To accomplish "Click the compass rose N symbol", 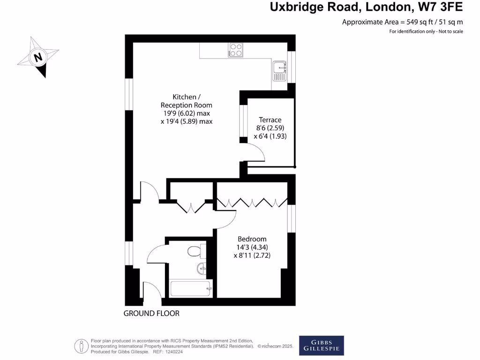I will pos(38,58).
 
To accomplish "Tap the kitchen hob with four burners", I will pos(236,50).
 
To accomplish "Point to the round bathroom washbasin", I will pos(202,269).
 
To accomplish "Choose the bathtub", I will pos(190,289).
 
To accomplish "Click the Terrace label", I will pos(269,120).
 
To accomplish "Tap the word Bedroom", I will pos(252,239).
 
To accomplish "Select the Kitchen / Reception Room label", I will pos(186,101).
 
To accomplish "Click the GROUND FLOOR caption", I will pos(151,313).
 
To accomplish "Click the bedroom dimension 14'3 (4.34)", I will pos(252,247).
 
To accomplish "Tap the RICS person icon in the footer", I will pos(82,346).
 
